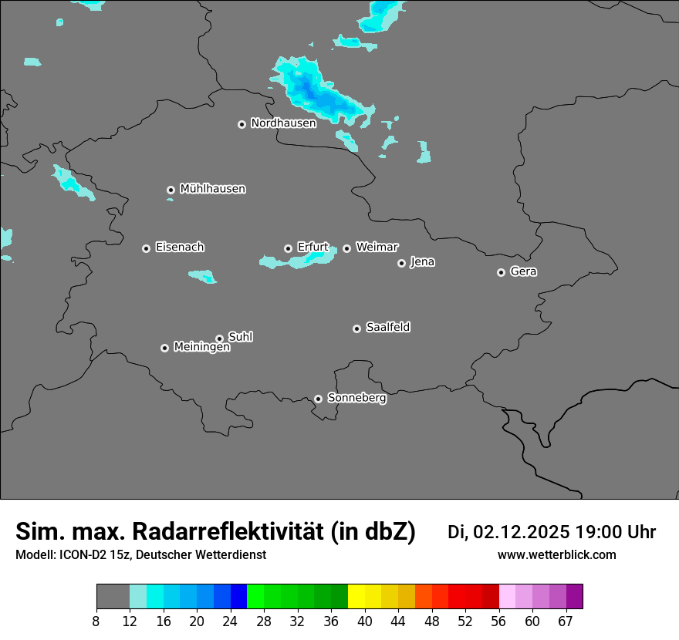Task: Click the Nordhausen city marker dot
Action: point(242,124)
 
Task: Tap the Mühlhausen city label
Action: point(212,188)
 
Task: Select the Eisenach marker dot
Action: point(146,248)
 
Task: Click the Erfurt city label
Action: point(312,247)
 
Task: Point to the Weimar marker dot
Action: point(346,248)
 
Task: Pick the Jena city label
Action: point(422,261)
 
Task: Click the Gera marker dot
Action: point(501,272)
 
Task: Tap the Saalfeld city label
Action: point(387,327)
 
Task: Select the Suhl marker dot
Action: point(219,339)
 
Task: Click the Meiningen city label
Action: point(201,347)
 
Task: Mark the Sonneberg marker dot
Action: point(318,399)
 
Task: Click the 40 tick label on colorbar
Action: point(365,621)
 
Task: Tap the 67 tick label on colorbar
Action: point(566,621)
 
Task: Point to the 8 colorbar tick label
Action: point(96,621)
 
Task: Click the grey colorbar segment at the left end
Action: point(113,596)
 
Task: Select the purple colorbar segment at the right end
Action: point(574,596)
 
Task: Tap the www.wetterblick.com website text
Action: point(556,554)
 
